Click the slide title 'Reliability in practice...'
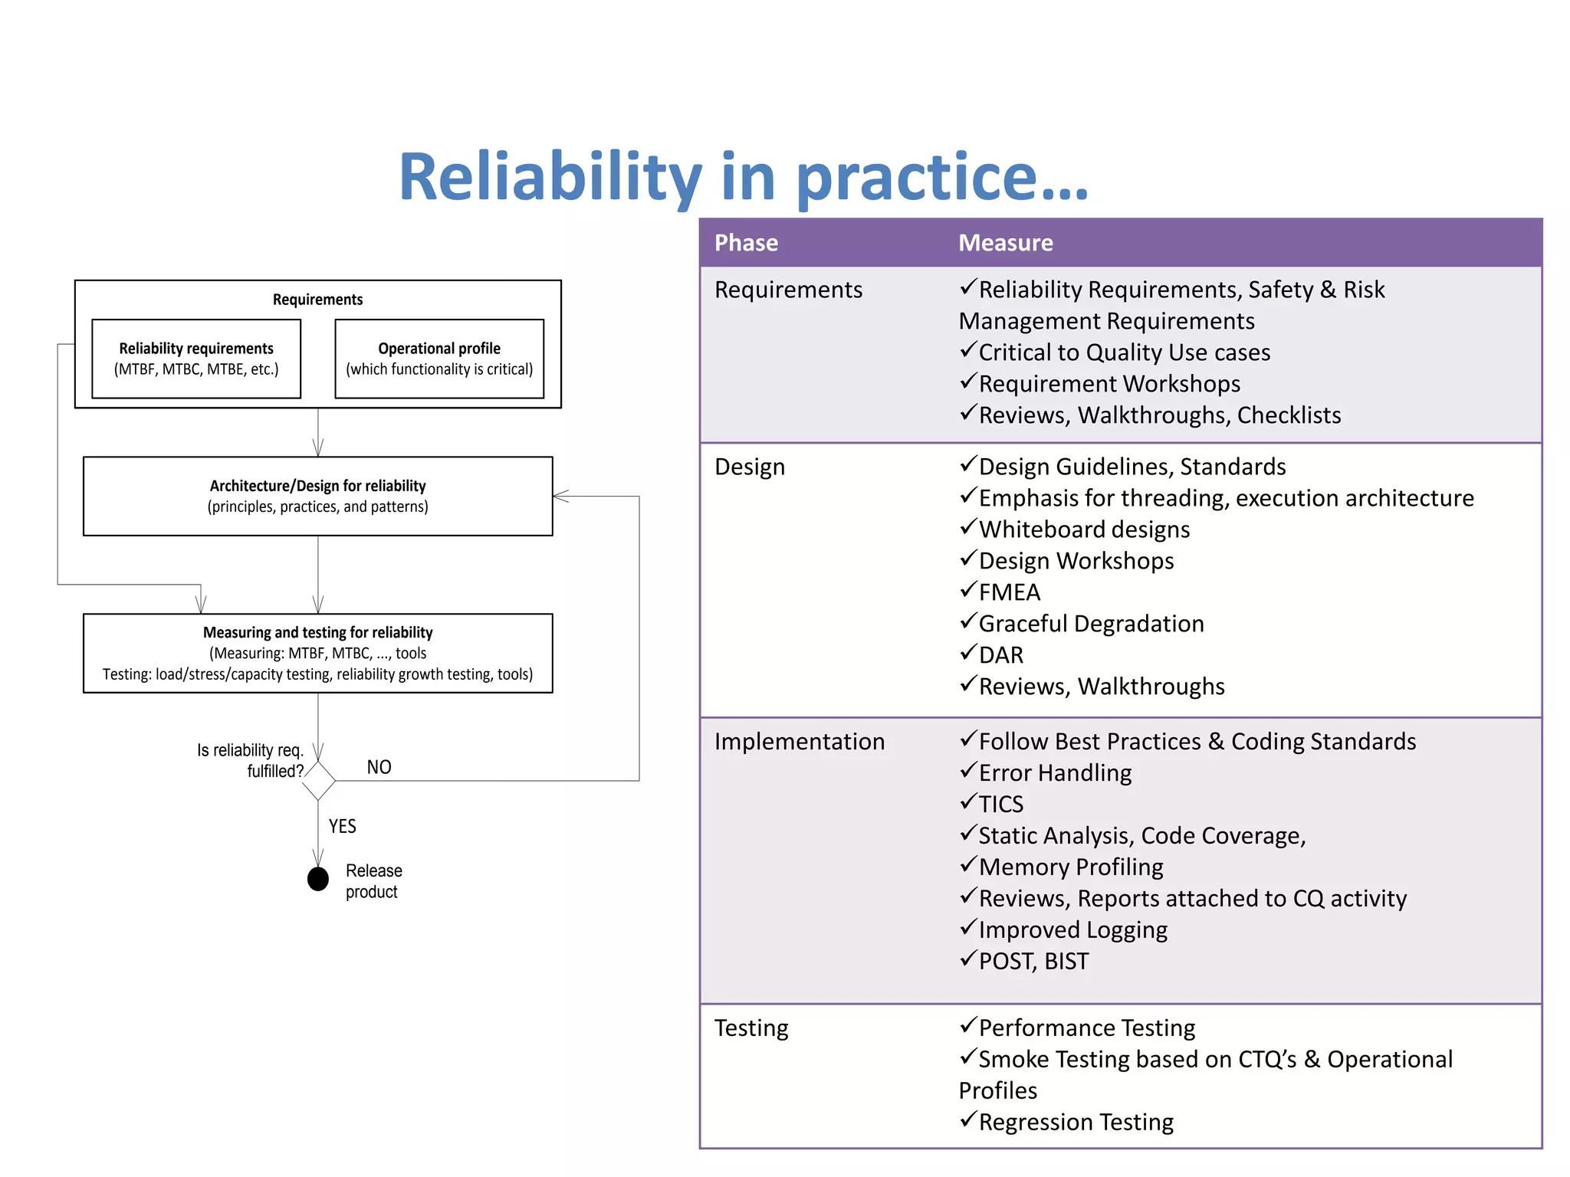[743, 178]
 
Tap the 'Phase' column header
[746, 243]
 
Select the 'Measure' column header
[1005, 243]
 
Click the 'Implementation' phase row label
[799, 742]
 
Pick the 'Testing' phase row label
[751, 1028]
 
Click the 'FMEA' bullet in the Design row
[1009, 592]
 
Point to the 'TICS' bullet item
[1000, 804]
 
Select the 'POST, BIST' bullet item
[1033, 961]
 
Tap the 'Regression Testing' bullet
[1075, 1122]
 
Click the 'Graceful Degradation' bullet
[1090, 624]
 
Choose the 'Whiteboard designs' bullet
[1083, 529]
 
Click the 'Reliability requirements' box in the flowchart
[196, 359]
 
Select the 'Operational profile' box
[439, 359]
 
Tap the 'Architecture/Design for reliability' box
[317, 496]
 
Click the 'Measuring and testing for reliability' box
[317, 653]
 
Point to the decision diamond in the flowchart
[318, 781]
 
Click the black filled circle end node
[318, 879]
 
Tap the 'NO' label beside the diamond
[379, 767]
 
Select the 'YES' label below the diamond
[342, 826]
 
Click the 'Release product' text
[373, 881]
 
